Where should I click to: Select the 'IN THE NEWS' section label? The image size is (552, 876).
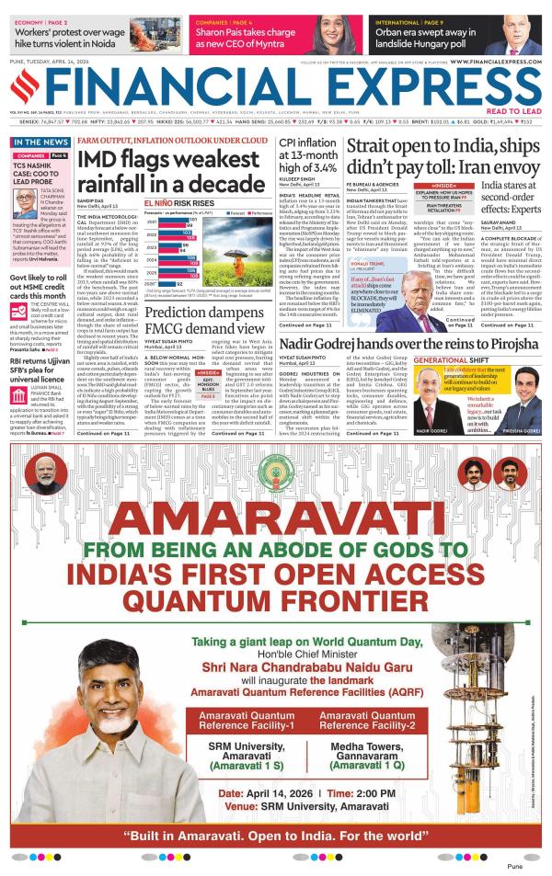click(40, 142)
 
